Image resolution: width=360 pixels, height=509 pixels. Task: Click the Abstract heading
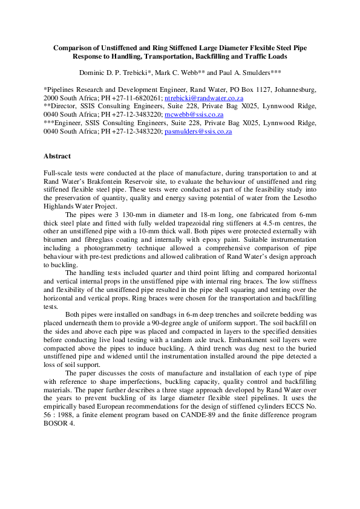click(x=57, y=156)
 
